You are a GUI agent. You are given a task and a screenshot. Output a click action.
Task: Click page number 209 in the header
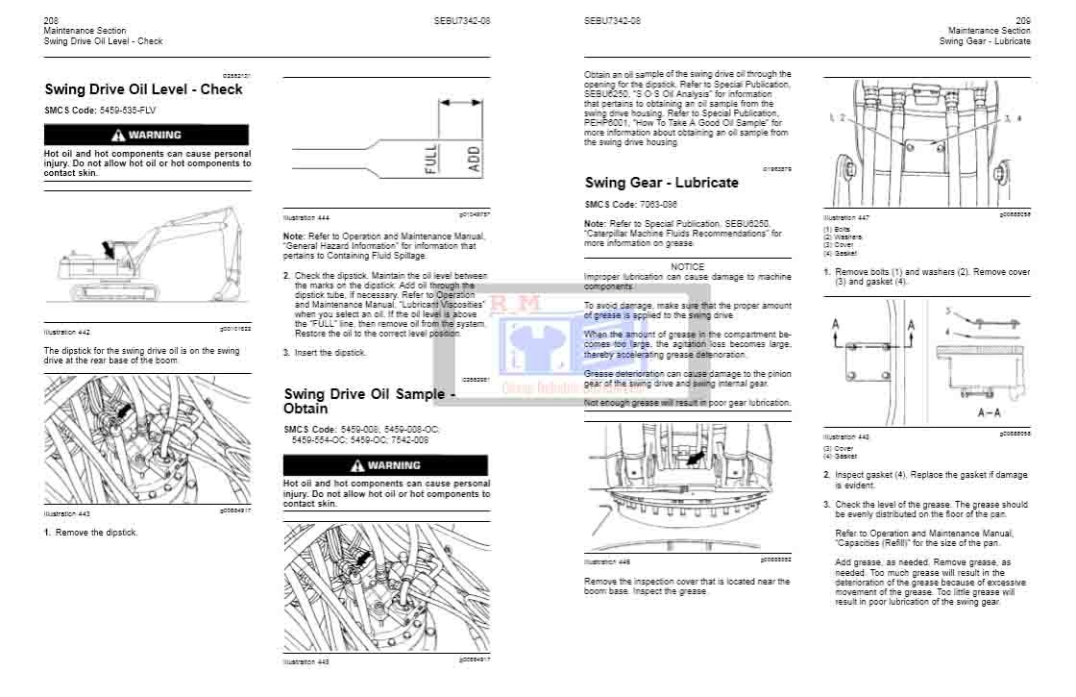pos(1022,20)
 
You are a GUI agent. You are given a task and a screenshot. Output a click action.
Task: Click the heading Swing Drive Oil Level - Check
pos(143,89)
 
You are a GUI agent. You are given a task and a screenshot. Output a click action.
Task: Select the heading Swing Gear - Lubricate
pos(662,183)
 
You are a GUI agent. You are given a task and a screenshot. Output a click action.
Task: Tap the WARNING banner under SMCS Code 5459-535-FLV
pos(146,136)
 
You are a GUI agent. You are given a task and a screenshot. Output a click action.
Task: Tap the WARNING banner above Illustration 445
pos(385,465)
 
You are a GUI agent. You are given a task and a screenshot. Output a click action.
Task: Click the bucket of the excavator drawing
pos(227,287)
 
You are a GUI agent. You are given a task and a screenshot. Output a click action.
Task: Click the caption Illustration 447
pos(845,217)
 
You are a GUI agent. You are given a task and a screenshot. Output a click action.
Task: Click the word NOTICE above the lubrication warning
pos(687,266)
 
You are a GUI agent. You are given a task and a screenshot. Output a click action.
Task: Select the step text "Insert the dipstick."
pos(330,353)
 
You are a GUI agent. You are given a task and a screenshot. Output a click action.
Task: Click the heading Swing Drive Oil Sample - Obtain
pos(370,401)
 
